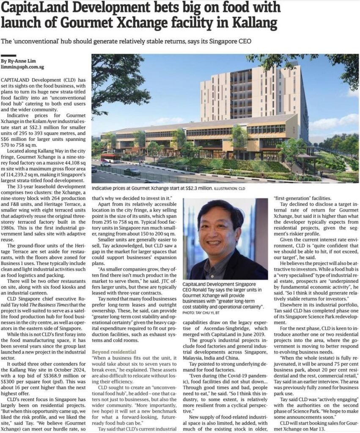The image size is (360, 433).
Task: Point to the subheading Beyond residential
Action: coord(114,352)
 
